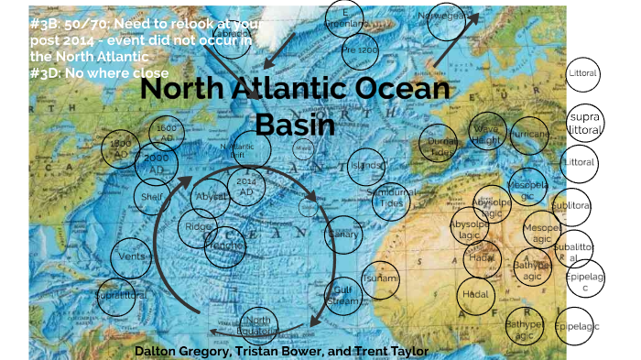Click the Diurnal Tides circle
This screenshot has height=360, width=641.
tap(441, 144)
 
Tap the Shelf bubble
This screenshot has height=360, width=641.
tap(153, 194)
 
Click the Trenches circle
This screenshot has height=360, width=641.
tap(225, 246)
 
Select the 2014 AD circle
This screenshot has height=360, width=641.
tap(245, 189)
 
